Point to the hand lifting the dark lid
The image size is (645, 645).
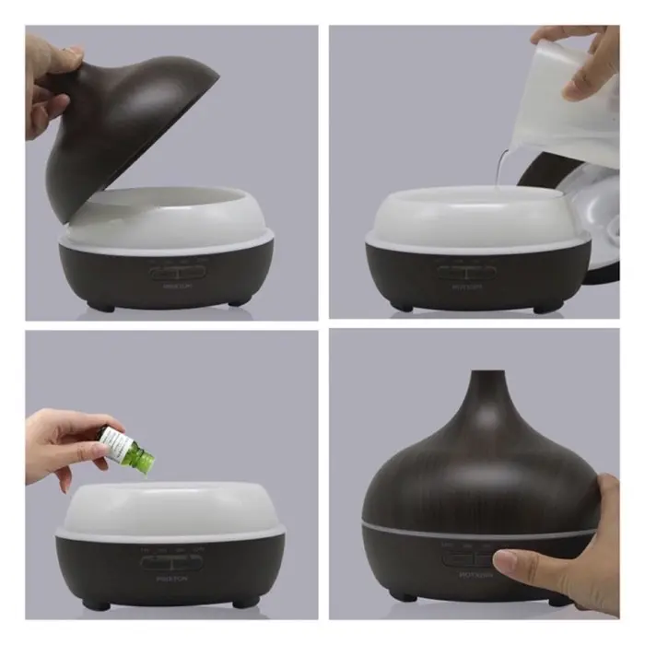coord(51,78)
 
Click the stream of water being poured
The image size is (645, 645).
coord(498,170)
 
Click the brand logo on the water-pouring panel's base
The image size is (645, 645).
coord(466,287)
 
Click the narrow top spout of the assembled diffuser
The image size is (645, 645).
coord(487,387)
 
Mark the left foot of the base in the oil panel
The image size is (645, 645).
coord(94,604)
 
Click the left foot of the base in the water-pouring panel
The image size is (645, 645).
coord(402,306)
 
